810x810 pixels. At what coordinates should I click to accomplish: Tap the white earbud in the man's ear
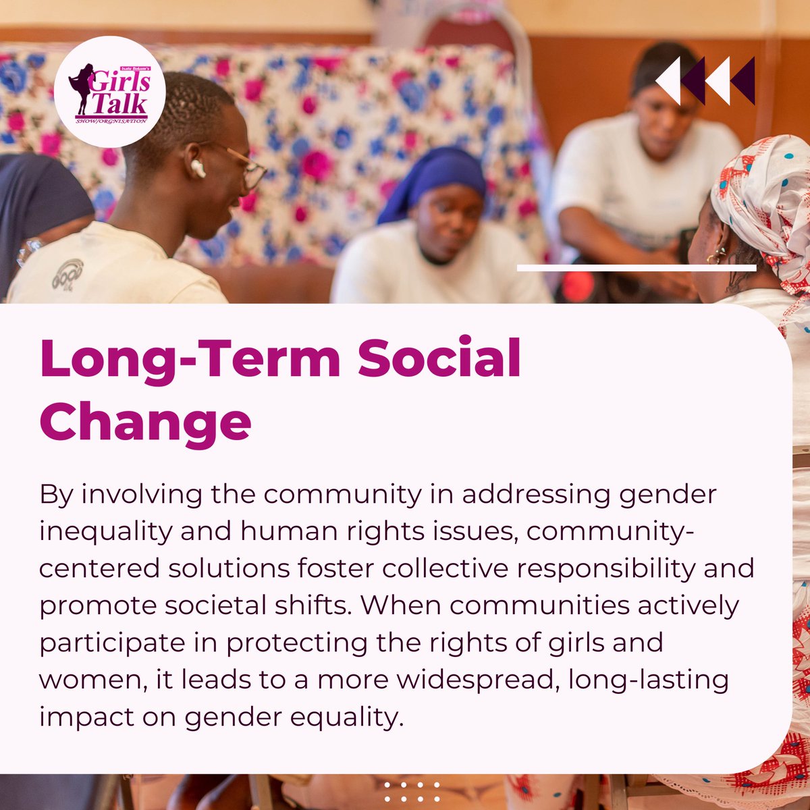[198, 169]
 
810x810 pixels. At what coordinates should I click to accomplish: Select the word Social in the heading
[439, 358]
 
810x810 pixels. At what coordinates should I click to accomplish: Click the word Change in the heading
[145, 422]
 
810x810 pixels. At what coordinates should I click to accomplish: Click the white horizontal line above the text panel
[636, 268]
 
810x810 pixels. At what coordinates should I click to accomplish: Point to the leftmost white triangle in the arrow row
[668, 81]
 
